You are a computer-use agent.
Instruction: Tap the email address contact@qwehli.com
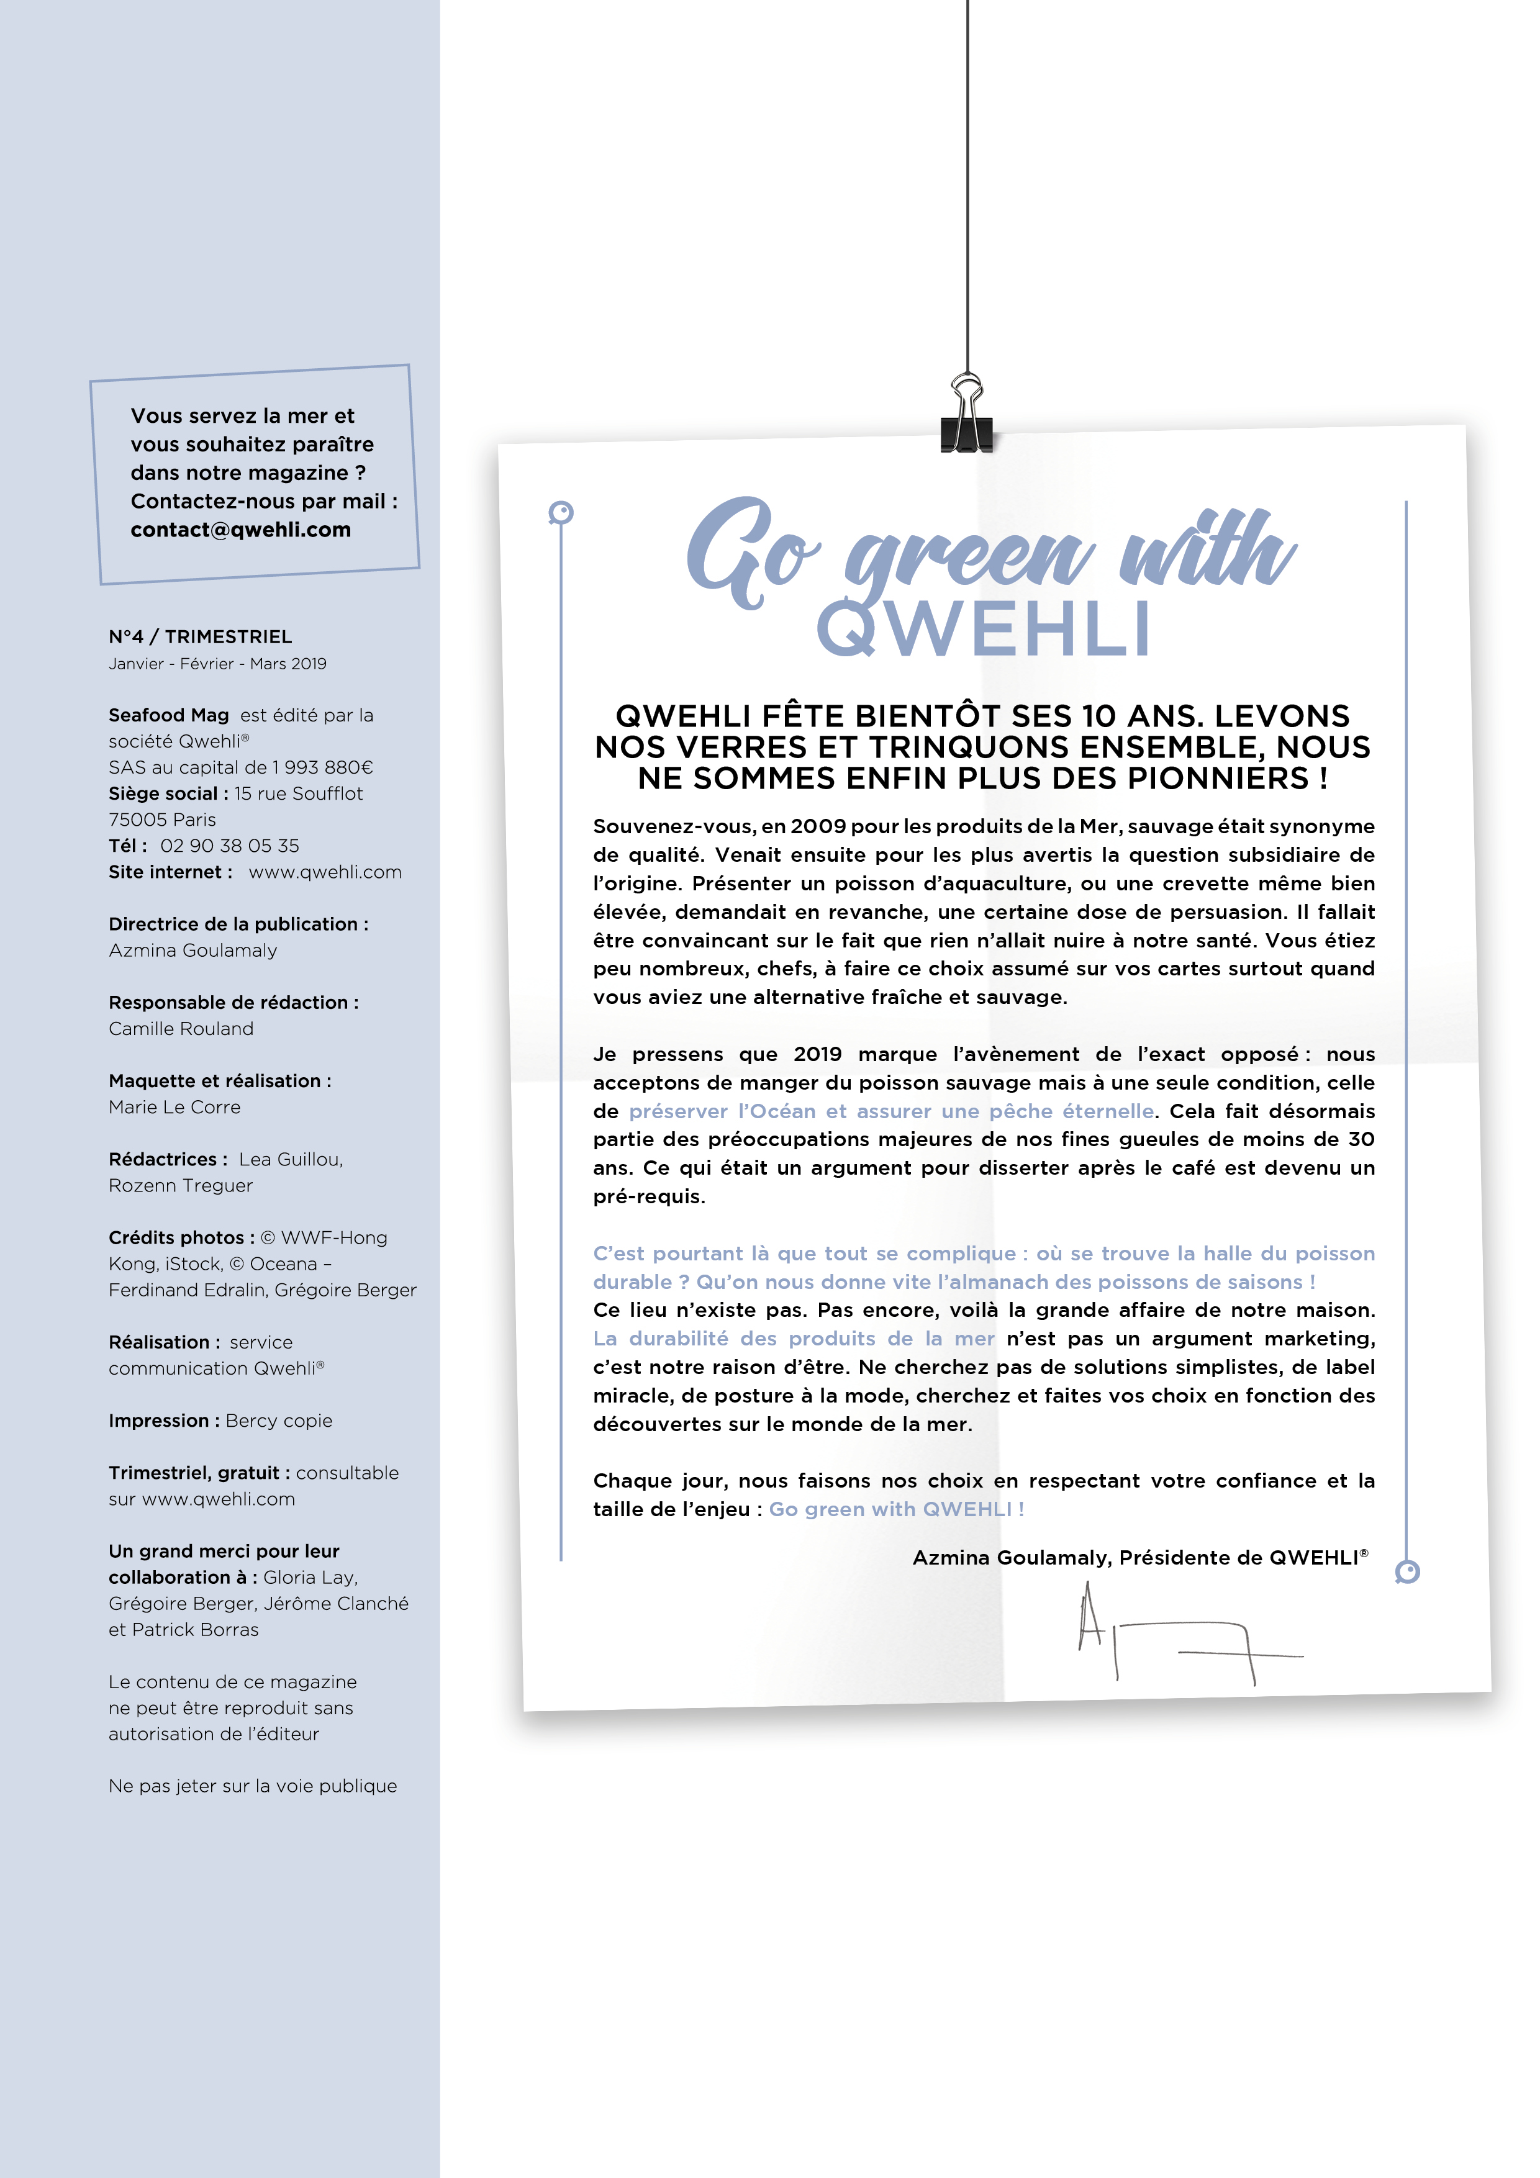pyautogui.click(x=240, y=530)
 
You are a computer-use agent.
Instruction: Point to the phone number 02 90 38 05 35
pyautogui.click(x=230, y=845)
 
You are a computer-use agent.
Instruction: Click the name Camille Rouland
pyautogui.click(x=181, y=1028)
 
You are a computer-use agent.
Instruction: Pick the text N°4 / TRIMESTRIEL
pyautogui.click(x=200, y=636)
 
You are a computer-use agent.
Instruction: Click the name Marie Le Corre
pyautogui.click(x=174, y=1107)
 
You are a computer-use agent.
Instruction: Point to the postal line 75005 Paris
pyautogui.click(x=162, y=820)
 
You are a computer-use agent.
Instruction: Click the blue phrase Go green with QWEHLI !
pyautogui.click(x=895, y=1509)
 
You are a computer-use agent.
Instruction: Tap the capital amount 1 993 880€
pyautogui.click(x=323, y=767)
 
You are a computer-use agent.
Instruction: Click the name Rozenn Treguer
pyautogui.click(x=180, y=1186)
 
